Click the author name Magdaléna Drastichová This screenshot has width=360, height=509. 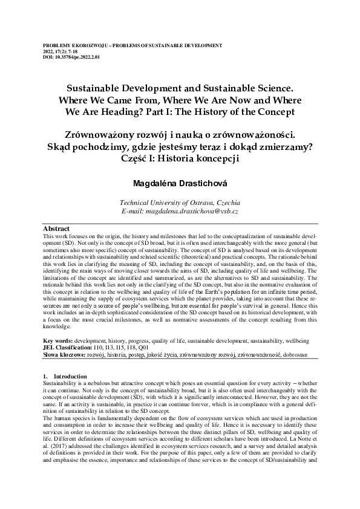(180, 182)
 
